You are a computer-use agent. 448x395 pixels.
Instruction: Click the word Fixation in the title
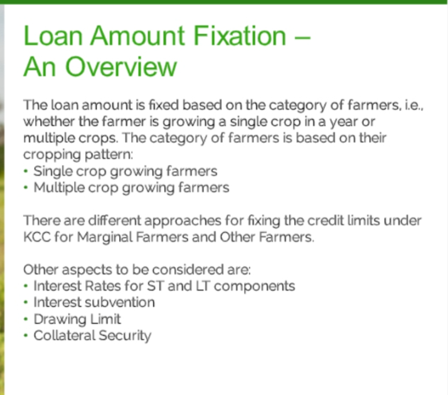[240, 36]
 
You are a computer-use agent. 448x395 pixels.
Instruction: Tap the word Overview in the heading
[121, 66]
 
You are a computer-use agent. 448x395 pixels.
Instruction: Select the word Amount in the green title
[137, 36]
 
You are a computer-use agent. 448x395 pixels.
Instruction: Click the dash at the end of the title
[302, 37]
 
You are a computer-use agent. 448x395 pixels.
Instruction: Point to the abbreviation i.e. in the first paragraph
[414, 105]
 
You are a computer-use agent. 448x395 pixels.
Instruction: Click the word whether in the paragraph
[49, 122]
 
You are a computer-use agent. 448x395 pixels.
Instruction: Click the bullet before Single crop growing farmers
[26, 171]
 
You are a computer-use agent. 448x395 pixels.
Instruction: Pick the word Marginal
[105, 238]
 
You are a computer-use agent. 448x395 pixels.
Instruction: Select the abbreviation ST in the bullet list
[156, 287]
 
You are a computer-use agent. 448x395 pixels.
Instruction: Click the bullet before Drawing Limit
[26, 319]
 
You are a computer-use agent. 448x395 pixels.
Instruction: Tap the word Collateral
[64, 335]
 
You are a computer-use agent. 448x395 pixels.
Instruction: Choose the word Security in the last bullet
[125, 336]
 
